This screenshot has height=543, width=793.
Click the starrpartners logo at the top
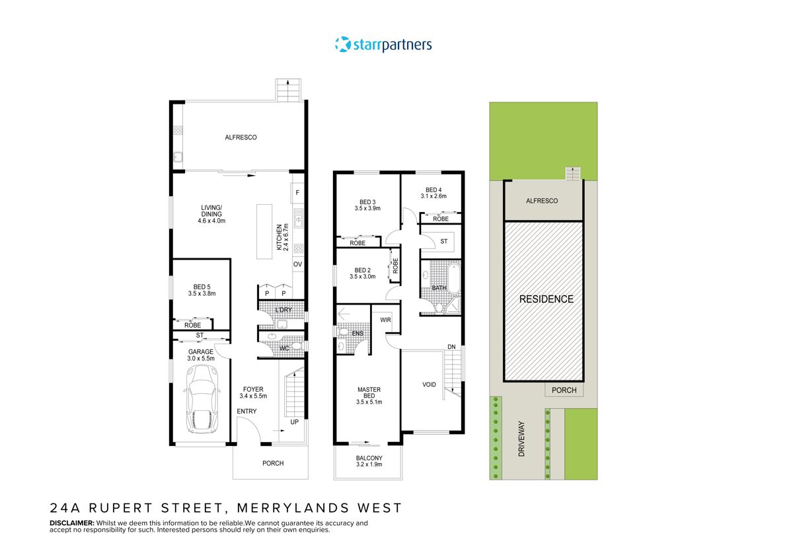tap(383, 45)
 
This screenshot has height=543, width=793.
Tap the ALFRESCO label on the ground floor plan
tap(241, 137)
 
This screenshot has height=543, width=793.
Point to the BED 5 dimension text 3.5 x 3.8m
tap(202, 293)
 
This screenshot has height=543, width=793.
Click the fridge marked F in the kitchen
tap(297, 193)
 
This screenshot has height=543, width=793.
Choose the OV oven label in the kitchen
tap(297, 265)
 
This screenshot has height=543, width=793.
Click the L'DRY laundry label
tap(283, 310)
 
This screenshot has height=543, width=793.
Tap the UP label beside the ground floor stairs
tap(293, 421)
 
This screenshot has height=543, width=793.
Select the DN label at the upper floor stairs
tap(451, 347)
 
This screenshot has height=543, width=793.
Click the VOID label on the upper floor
tap(430, 384)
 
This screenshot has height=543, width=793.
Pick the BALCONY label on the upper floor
tap(369, 458)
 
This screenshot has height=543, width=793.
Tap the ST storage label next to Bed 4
tap(443, 242)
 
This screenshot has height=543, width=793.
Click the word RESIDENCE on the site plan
tap(546, 299)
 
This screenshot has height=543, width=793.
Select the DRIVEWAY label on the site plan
tap(521, 441)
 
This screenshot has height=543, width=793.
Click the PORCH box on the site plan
tap(564, 390)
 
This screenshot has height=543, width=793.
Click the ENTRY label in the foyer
tap(246, 412)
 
